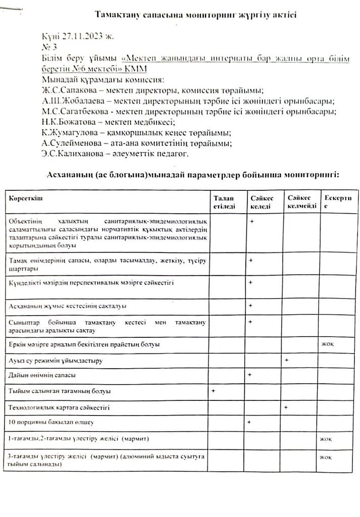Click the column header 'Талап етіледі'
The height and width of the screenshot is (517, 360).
(224, 202)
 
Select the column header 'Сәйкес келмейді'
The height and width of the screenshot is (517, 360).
(301, 202)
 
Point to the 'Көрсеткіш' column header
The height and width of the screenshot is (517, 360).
(26, 198)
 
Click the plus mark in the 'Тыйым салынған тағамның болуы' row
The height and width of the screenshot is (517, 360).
(214, 390)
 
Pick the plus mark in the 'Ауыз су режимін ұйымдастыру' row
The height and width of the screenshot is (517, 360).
(287, 360)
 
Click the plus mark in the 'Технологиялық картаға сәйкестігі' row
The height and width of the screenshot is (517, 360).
(286, 406)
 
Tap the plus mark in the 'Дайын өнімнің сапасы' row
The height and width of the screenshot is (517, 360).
(250, 375)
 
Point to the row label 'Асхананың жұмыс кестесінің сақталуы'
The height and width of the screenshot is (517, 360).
(67, 306)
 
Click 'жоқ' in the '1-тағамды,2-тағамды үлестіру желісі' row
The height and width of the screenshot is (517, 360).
(326, 438)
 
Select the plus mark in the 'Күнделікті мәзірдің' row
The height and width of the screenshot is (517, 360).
(250, 283)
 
